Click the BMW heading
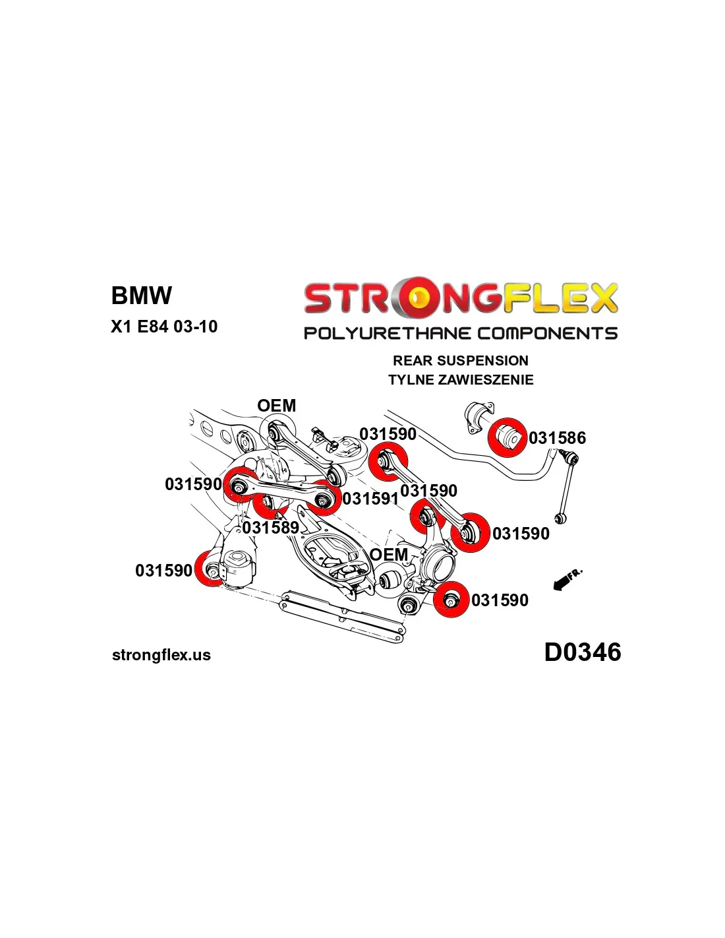pyautogui.click(x=141, y=296)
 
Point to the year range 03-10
pyautogui.click(x=196, y=327)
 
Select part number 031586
pyautogui.click(x=557, y=438)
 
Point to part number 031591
pyautogui.click(x=370, y=499)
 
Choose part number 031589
pyautogui.click(x=271, y=528)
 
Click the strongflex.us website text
pyautogui.click(x=161, y=655)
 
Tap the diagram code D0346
pyautogui.click(x=582, y=652)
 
